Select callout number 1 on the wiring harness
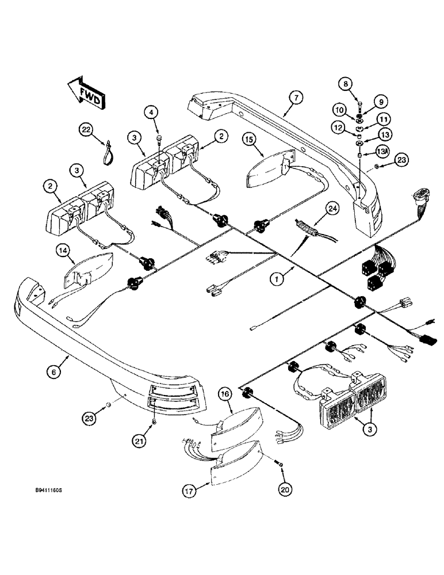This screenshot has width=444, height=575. pos(278,279)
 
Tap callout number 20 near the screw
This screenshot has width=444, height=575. pos(286,489)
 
